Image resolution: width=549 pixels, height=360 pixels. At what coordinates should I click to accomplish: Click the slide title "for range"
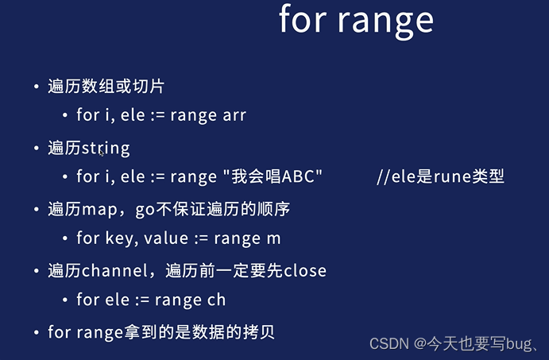[356, 21]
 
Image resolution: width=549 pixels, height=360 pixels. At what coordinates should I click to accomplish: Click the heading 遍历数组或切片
[106, 87]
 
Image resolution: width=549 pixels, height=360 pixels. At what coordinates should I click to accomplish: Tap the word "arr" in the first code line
[234, 115]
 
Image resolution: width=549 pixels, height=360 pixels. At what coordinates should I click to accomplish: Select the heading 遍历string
[88, 148]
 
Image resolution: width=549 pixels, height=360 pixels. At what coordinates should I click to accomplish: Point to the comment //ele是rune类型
[440, 176]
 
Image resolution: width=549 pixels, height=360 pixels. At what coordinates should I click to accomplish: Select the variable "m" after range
[274, 238]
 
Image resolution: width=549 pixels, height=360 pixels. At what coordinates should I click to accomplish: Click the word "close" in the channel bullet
[303, 271]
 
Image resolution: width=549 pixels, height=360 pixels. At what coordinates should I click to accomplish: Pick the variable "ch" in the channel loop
[216, 300]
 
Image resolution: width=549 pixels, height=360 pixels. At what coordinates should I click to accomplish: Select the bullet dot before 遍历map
[36, 210]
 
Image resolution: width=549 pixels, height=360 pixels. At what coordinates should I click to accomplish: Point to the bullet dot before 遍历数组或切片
[36, 87]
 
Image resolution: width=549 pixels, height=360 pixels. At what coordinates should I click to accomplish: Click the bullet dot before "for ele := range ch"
[65, 300]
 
